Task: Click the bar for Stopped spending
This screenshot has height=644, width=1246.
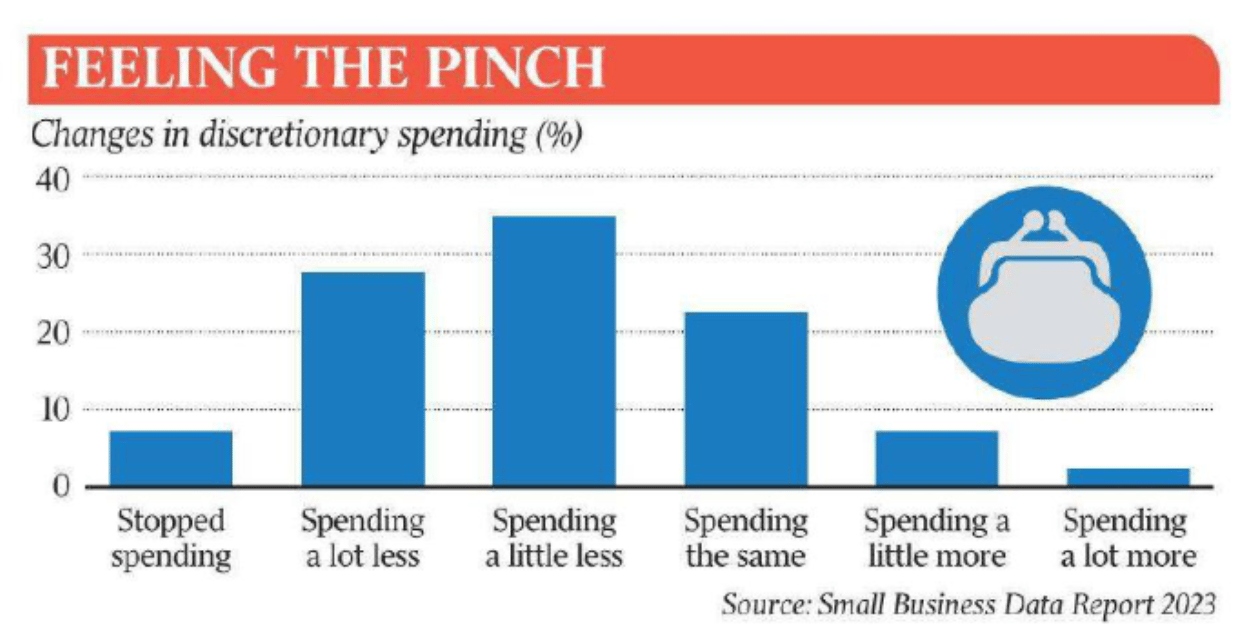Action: click(171, 458)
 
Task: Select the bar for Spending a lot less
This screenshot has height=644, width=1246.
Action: click(363, 379)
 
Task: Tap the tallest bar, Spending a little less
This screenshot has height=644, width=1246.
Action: click(554, 351)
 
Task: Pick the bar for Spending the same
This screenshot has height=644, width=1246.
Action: click(746, 399)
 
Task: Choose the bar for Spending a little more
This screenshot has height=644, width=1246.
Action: click(937, 458)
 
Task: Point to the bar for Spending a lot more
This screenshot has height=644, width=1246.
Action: click(1129, 477)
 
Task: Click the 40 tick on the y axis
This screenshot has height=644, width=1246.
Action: click(53, 180)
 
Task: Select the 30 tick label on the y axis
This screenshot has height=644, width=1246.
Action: click(53, 257)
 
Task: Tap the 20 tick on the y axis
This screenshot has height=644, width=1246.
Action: click(53, 334)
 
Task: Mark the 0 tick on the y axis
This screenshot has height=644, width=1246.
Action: click(62, 486)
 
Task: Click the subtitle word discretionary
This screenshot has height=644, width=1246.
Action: click(293, 136)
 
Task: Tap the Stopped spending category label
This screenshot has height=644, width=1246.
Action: click(171, 538)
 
